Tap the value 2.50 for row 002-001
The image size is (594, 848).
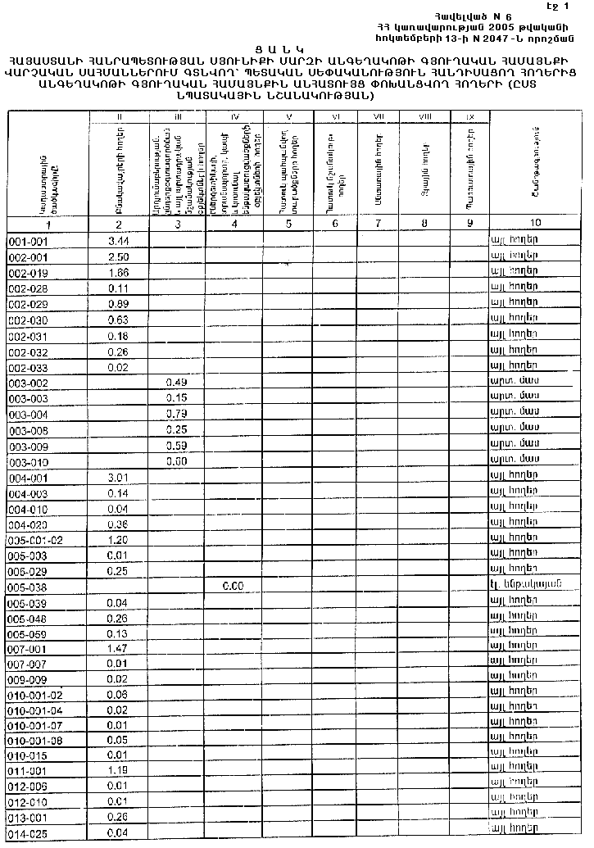[119, 257]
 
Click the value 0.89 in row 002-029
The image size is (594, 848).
[119, 303]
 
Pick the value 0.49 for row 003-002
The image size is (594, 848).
[176, 383]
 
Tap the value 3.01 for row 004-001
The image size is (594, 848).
[119, 478]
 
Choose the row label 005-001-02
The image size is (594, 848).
[35, 541]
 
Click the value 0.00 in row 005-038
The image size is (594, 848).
[234, 587]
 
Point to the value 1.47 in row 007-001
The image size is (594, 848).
[119, 648]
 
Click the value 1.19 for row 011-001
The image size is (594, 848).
[119, 771]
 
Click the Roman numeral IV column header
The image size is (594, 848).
[234, 117]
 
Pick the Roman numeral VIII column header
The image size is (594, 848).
[424, 117]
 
